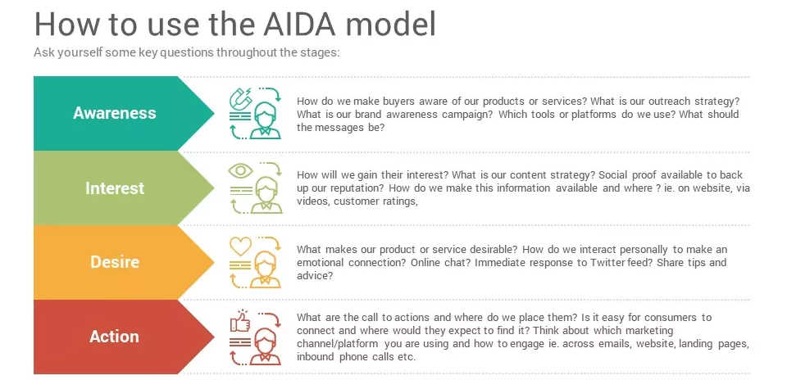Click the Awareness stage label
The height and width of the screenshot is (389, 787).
[x=114, y=113]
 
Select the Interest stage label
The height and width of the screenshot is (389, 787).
[x=114, y=188]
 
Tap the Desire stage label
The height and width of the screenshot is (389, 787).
[x=114, y=262]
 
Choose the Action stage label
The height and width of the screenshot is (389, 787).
[x=114, y=337]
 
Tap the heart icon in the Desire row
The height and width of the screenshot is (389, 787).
[x=240, y=245]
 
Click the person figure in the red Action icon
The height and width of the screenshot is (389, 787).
[x=265, y=345]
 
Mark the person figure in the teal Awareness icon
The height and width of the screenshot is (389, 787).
[x=265, y=120]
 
